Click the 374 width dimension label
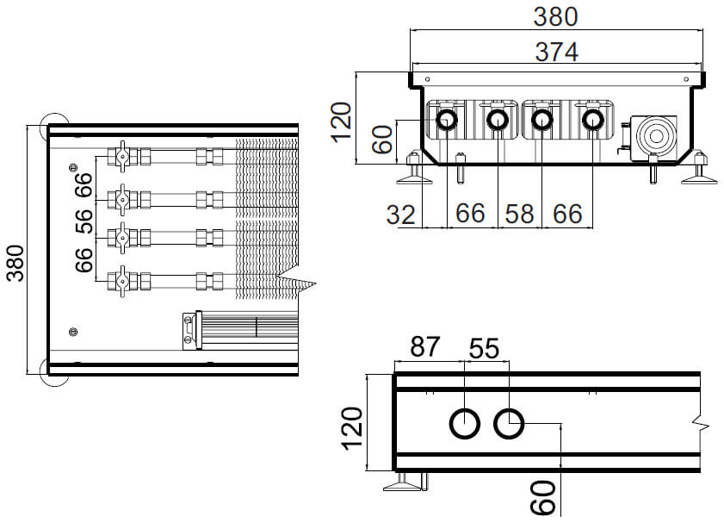pos(555,51)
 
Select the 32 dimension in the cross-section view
pos(400,214)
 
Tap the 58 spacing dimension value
pos(519,214)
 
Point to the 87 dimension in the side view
pos(425,348)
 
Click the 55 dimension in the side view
pos(484,348)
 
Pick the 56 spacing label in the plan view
pos(84,221)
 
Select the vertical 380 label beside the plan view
pos(16,262)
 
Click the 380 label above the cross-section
pos(555,16)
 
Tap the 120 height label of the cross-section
pos(342,121)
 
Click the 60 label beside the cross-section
pos(382,139)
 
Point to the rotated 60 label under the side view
pos(542,499)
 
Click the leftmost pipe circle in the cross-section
pos(447,119)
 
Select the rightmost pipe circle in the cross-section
pos(591,119)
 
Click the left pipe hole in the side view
pos(465,424)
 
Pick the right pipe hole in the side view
pos(509,424)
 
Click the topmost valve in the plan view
pos(122,157)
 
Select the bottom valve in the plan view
pos(122,281)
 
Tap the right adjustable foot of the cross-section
pos(697,173)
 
